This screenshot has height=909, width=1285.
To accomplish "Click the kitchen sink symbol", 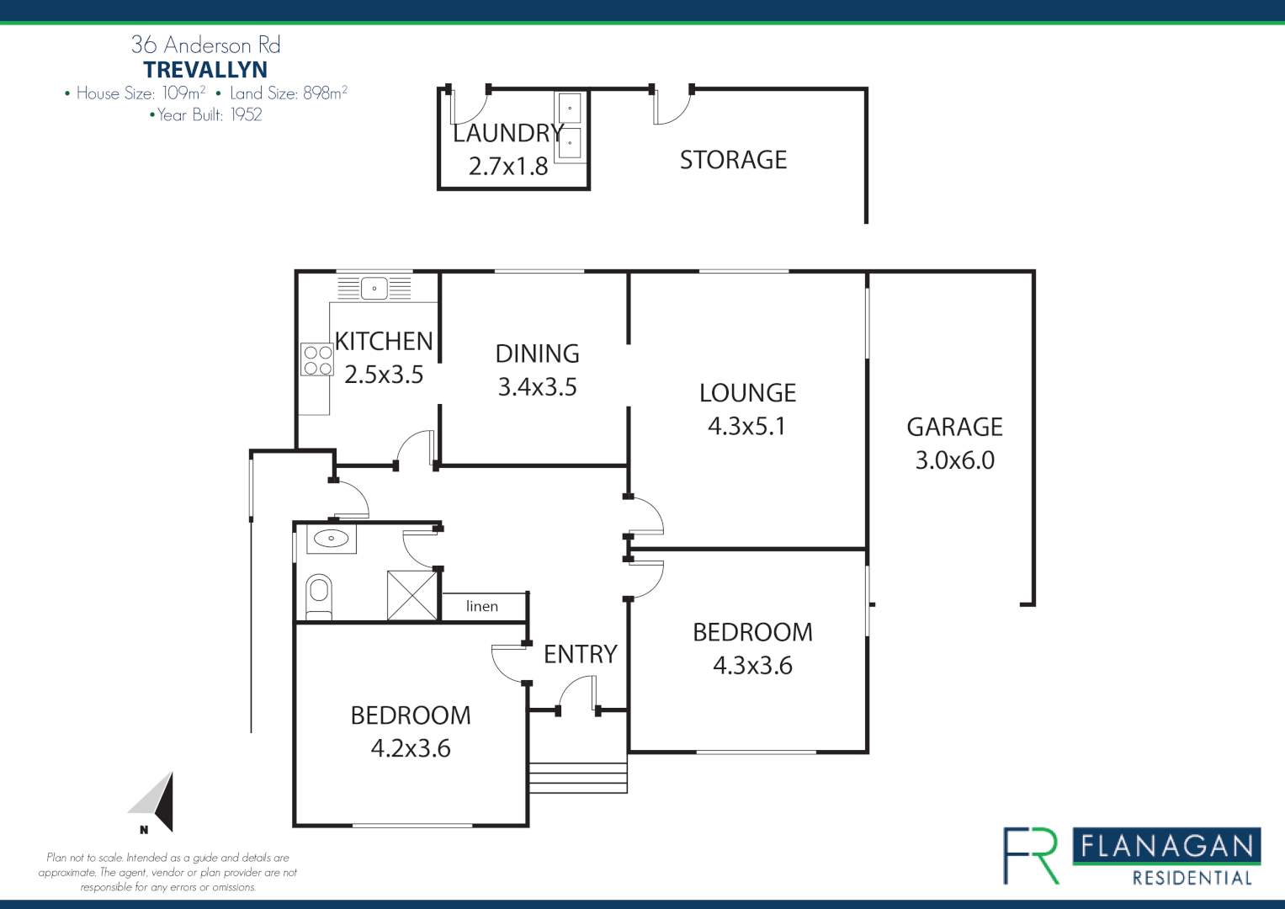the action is click(x=374, y=288).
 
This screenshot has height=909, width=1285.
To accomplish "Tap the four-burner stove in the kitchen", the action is click(x=317, y=360).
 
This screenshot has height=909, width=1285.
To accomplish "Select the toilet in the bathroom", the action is click(x=319, y=596).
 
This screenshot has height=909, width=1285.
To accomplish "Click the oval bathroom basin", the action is click(x=332, y=539).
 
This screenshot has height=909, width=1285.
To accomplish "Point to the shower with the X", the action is click(x=412, y=595).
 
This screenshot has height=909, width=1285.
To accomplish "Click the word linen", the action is click(x=482, y=606).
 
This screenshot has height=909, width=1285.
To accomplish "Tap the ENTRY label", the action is click(x=581, y=654).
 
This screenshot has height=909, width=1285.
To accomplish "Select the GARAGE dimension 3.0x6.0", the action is click(x=954, y=460).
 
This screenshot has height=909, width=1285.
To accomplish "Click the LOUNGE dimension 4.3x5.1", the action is click(x=747, y=427).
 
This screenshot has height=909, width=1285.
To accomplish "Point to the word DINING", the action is click(x=538, y=353).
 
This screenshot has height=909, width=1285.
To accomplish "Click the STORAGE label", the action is click(x=733, y=160).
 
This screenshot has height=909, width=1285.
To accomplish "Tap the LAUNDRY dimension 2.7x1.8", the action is click(x=508, y=167).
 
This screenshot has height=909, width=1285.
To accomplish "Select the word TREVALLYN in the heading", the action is click(x=205, y=69).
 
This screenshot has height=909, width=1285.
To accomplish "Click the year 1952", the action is click(x=246, y=114).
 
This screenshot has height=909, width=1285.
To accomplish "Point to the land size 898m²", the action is click(x=326, y=93).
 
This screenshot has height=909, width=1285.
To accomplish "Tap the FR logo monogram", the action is click(x=1031, y=856).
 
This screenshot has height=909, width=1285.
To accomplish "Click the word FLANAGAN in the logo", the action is click(x=1167, y=847).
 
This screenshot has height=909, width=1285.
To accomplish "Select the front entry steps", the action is click(x=577, y=779).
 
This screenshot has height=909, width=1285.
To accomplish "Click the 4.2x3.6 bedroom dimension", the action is click(x=411, y=748).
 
